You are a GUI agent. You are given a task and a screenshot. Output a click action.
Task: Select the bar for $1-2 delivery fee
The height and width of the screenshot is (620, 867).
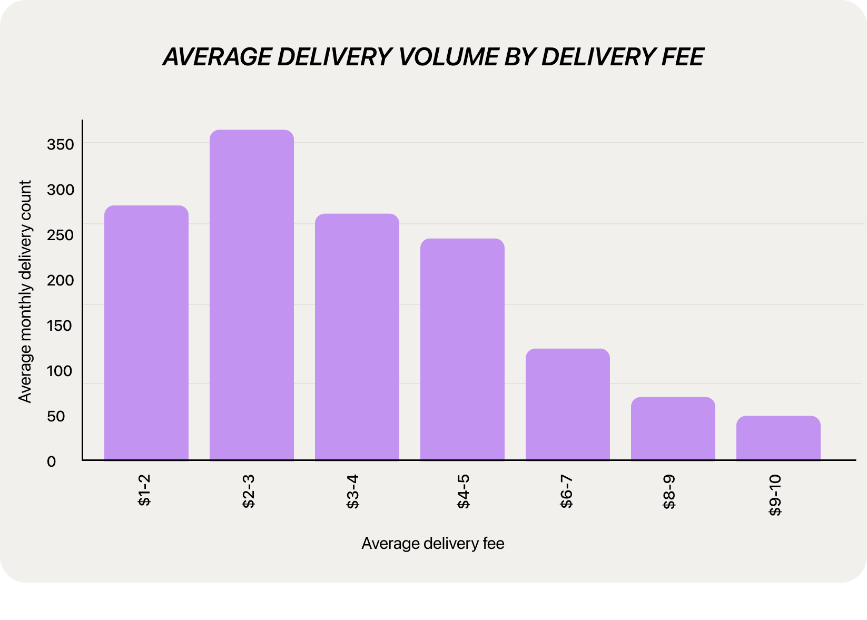click(x=146, y=333)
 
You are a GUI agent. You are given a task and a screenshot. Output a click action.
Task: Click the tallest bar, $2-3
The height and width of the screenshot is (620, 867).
click(x=252, y=295)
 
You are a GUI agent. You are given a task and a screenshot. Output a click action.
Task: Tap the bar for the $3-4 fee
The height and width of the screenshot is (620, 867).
click(x=357, y=337)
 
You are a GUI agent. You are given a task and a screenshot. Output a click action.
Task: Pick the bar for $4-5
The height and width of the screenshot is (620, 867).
click(x=462, y=349)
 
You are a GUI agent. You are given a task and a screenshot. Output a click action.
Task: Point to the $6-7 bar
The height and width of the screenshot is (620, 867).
click(x=568, y=405)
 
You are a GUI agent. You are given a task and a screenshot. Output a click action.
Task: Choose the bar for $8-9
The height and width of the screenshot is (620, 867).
click(x=673, y=429)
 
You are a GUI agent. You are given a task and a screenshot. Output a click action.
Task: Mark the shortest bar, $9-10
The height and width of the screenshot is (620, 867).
click(x=779, y=438)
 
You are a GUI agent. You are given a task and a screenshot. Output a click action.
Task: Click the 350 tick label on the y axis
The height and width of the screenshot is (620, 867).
click(x=60, y=144)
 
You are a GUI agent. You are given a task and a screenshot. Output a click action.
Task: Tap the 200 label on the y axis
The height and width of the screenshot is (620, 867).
click(x=60, y=280)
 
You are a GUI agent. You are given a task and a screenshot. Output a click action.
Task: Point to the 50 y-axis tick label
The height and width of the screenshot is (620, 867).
click(x=56, y=417)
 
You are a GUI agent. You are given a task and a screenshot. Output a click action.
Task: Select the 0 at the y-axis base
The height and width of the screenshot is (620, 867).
click(x=51, y=462)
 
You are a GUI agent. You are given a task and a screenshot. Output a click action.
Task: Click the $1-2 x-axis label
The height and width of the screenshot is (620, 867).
click(x=144, y=490)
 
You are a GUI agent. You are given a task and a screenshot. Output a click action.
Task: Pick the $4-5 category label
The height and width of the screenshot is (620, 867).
click(x=463, y=491)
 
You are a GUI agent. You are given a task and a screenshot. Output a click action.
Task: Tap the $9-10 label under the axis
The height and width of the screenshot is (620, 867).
click(x=775, y=495)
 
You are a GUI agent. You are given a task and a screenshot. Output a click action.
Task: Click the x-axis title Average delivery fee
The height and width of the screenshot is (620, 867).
click(x=433, y=544)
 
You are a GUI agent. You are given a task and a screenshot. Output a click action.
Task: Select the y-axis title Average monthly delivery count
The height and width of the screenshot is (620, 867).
click(x=25, y=291)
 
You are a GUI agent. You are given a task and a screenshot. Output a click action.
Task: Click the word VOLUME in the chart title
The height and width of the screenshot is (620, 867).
click(x=448, y=57)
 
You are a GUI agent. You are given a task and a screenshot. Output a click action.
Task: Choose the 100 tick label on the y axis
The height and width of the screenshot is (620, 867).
click(x=60, y=371)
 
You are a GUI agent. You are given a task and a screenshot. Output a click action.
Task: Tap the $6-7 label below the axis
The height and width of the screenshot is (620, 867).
click(x=566, y=491)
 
